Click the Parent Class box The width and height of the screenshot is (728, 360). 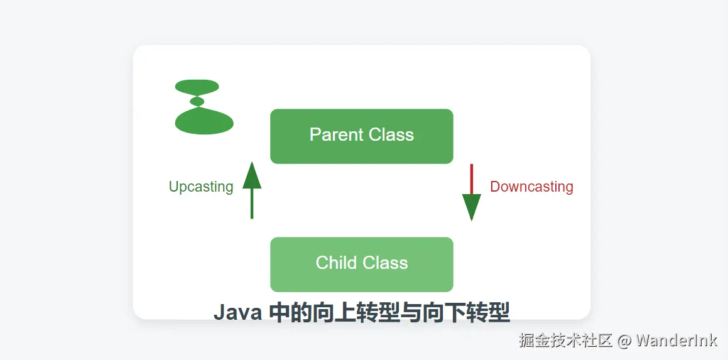pyautogui.click(x=361, y=136)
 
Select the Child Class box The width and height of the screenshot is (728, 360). pyautogui.click(x=361, y=265)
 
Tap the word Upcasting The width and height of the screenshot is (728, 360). pyautogui.click(x=201, y=187)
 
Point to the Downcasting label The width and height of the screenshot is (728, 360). pyautogui.click(x=531, y=187)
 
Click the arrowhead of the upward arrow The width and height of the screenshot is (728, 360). pyautogui.click(x=252, y=176)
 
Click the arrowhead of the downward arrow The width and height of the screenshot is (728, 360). pyautogui.click(x=471, y=206)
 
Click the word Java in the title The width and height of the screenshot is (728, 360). pyautogui.click(x=237, y=312)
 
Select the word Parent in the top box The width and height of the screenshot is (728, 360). pyautogui.click(x=337, y=134)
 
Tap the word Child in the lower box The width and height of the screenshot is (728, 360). pyautogui.click(x=335, y=263)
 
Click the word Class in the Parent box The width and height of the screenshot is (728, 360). pyautogui.click(x=391, y=134)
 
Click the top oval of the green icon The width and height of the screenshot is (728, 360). pyautogui.click(x=197, y=87)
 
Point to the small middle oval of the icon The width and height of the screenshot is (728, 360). pyautogui.click(x=197, y=101)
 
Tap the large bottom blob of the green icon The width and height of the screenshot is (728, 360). pyautogui.click(x=204, y=121)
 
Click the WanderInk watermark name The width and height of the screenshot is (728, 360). pyautogui.click(x=676, y=341)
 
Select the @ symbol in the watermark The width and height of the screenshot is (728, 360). pyautogui.click(x=624, y=341)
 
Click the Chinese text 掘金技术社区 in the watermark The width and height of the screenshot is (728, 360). pyautogui.click(x=565, y=341)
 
